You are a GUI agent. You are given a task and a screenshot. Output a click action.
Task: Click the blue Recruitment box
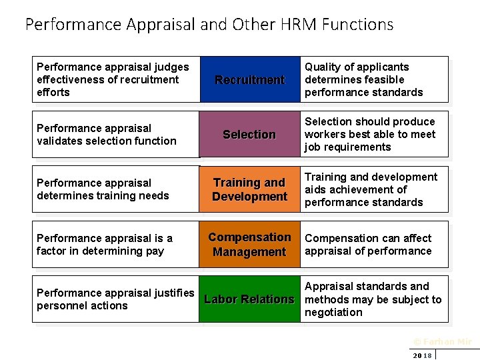249,79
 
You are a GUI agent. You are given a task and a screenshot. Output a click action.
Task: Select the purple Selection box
249,135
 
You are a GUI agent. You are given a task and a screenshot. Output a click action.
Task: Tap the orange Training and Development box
249,189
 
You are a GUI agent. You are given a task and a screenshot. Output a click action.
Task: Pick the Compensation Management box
249,245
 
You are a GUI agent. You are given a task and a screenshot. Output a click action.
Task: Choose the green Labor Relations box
249,299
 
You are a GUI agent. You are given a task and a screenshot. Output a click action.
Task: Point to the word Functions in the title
357,25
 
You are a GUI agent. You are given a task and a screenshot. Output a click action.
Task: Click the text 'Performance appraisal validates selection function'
107,135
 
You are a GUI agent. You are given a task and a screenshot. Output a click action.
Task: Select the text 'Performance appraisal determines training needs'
103,189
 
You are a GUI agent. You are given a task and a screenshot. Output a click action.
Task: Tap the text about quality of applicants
364,79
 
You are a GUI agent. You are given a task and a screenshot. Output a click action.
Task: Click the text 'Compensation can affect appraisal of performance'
368,245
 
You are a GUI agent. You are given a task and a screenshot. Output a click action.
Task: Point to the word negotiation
333,312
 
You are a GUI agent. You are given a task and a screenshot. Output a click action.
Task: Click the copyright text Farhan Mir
442,342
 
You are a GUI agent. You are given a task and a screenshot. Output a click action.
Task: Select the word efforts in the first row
53,92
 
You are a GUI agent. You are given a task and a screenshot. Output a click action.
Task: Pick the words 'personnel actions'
82,305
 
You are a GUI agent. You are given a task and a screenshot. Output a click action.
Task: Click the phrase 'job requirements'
347,147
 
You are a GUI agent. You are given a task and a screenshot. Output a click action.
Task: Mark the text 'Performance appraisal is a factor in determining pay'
105,245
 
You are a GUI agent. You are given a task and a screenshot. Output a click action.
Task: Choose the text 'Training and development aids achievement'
371,183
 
